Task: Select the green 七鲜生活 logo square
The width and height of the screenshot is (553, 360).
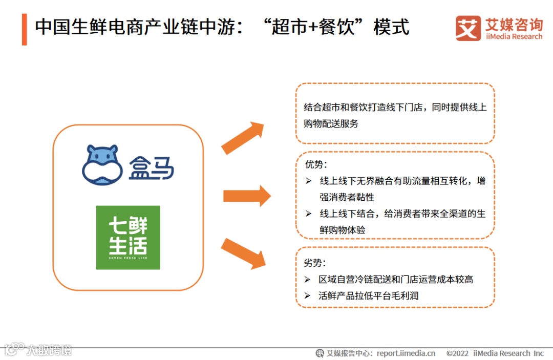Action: point(128,238)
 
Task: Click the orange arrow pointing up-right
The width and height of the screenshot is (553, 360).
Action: point(243,138)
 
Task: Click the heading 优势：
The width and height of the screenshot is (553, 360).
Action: point(316,165)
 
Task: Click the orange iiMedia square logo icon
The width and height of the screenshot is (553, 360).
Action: point(468,28)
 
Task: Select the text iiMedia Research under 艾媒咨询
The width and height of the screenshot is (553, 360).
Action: point(514,36)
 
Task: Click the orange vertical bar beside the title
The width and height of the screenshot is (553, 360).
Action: point(24,29)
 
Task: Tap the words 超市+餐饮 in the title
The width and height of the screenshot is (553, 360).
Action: point(317,27)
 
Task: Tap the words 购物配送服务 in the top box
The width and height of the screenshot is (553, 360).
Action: point(331,123)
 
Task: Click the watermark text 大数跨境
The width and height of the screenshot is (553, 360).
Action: point(50,350)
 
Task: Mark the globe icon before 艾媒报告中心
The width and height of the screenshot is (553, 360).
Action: point(320,353)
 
